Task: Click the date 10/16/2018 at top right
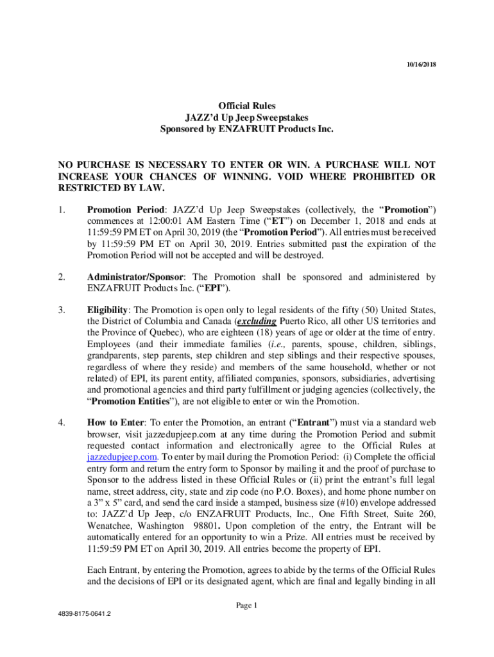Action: [x=420, y=65]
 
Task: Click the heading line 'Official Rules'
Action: [x=247, y=106]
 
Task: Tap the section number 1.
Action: [x=61, y=209]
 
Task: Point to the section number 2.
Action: [x=61, y=277]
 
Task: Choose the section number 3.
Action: [x=61, y=310]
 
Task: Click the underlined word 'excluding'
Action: [x=257, y=321]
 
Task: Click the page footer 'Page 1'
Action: [x=246, y=605]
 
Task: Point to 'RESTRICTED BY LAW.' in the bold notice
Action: [x=112, y=188]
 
